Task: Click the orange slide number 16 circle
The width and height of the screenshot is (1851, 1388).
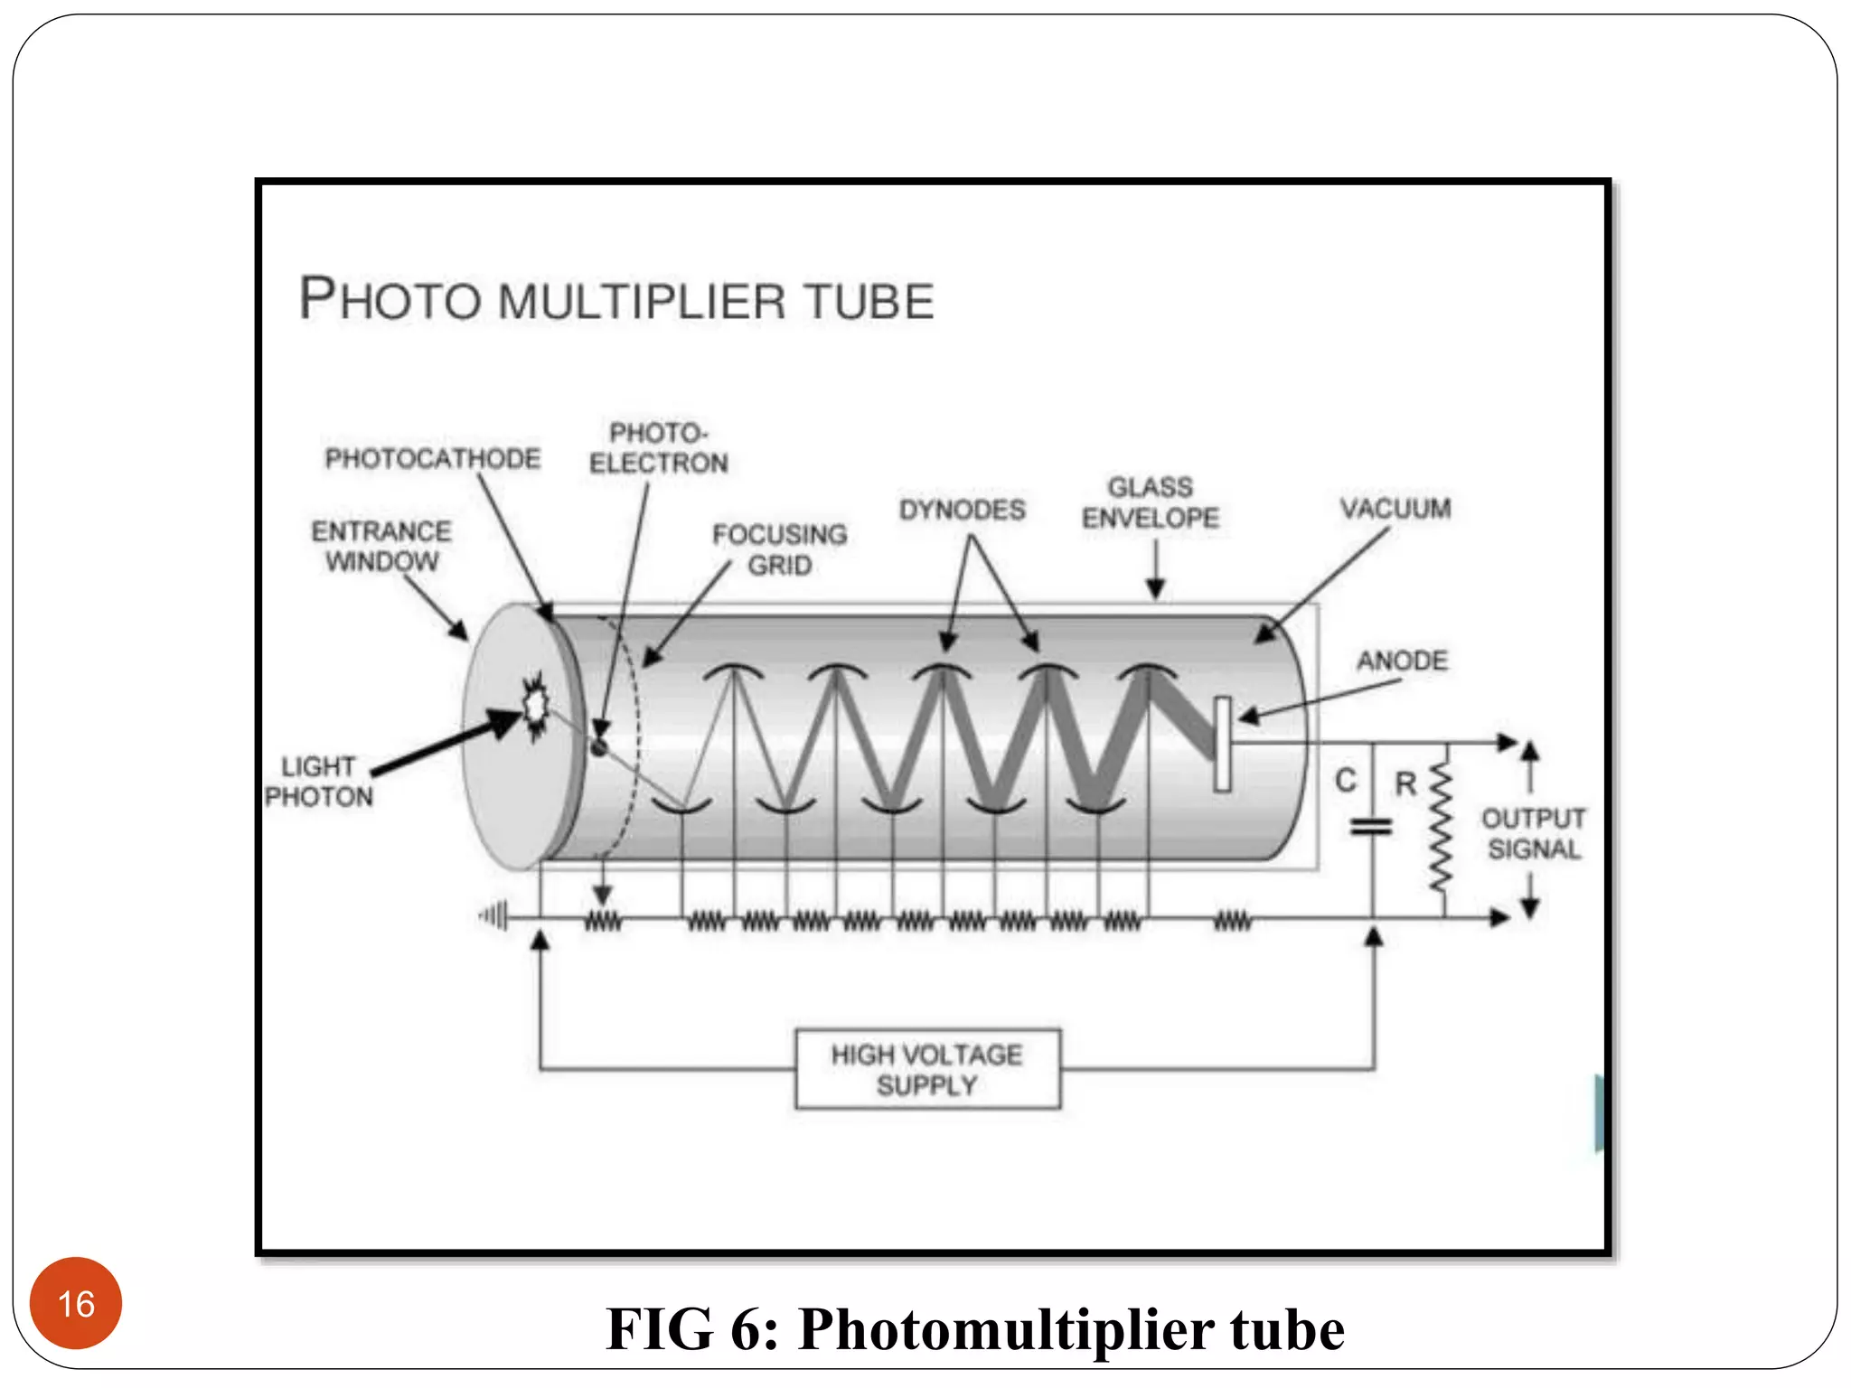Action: click(x=76, y=1302)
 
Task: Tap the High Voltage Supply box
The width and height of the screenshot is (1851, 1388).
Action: click(x=927, y=1069)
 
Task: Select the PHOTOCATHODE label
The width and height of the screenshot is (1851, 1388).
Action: click(x=433, y=459)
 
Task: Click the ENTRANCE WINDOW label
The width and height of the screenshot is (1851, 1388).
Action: click(x=381, y=546)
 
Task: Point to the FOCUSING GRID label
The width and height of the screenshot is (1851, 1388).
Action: click(x=779, y=549)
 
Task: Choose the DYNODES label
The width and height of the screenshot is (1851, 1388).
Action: click(x=962, y=510)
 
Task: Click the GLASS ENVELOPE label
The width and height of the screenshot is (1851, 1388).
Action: click(x=1151, y=502)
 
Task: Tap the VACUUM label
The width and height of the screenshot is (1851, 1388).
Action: click(x=1395, y=509)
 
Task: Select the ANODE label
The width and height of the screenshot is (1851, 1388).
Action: click(x=1402, y=661)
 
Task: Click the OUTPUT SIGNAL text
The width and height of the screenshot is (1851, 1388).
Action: click(x=1534, y=833)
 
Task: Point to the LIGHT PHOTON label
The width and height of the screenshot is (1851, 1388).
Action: click(x=318, y=782)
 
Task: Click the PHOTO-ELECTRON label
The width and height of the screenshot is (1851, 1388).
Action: click(x=658, y=447)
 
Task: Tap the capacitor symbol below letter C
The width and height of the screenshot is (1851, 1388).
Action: click(x=1371, y=826)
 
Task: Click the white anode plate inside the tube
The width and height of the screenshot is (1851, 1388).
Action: click(x=1223, y=744)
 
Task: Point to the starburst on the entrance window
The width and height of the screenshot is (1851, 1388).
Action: click(x=536, y=704)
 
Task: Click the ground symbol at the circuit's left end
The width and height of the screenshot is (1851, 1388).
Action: click(x=494, y=916)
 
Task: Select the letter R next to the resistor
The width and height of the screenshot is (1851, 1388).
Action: click(x=1405, y=783)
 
